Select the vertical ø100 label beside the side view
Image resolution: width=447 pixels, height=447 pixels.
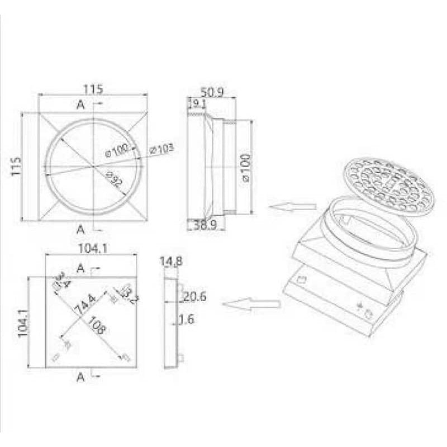click(246, 167)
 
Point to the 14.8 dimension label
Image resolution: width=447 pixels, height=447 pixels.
click(171, 261)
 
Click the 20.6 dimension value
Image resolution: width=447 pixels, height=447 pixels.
click(195, 297)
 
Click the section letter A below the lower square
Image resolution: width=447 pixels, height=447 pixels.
click(80, 378)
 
